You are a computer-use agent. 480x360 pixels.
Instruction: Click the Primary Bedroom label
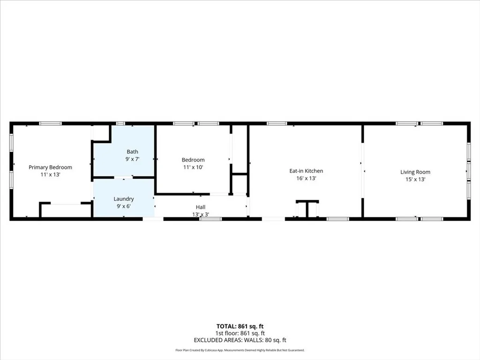click(50, 167)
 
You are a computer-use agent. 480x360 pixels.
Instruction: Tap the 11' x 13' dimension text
click(50, 174)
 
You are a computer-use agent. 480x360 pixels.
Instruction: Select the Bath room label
click(132, 151)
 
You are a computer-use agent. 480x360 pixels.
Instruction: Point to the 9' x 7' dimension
click(132, 159)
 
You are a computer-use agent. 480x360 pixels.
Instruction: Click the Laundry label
click(124, 199)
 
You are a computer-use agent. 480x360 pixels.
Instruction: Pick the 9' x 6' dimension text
click(124, 206)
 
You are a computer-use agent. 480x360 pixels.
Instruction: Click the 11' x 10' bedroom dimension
click(193, 167)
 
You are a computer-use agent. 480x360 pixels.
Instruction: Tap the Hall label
click(201, 207)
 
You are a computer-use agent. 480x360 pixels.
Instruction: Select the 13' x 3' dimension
click(201, 214)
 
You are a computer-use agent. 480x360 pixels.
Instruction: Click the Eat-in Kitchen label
click(306, 171)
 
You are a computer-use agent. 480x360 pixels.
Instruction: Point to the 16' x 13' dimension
click(306, 178)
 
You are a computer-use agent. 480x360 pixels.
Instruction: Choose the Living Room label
click(415, 172)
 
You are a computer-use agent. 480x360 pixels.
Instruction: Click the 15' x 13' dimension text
click(415, 180)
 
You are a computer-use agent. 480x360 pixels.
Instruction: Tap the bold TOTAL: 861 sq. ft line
click(240, 326)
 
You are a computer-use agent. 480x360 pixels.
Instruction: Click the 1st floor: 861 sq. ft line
click(240, 333)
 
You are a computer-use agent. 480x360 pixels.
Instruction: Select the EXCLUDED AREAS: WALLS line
click(240, 340)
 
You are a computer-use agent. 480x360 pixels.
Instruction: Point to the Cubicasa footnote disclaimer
click(240, 350)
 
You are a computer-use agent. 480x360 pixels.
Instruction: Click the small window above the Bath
click(120, 123)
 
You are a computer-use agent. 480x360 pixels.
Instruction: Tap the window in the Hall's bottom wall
click(210, 219)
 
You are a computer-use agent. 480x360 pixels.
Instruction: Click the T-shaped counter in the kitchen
click(307, 208)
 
